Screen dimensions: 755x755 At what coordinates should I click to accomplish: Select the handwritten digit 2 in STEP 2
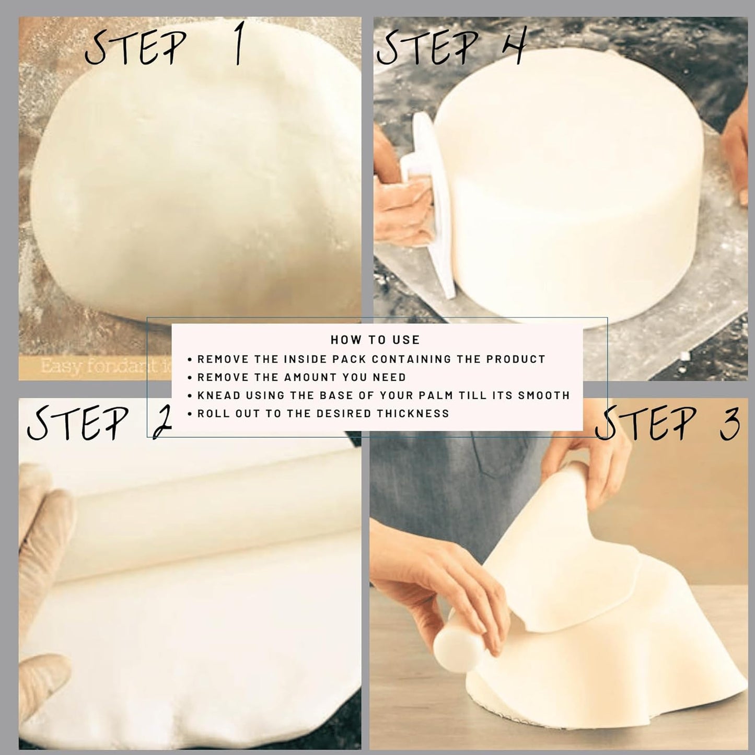[x=161, y=422]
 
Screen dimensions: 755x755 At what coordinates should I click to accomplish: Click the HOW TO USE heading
[x=375, y=340]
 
